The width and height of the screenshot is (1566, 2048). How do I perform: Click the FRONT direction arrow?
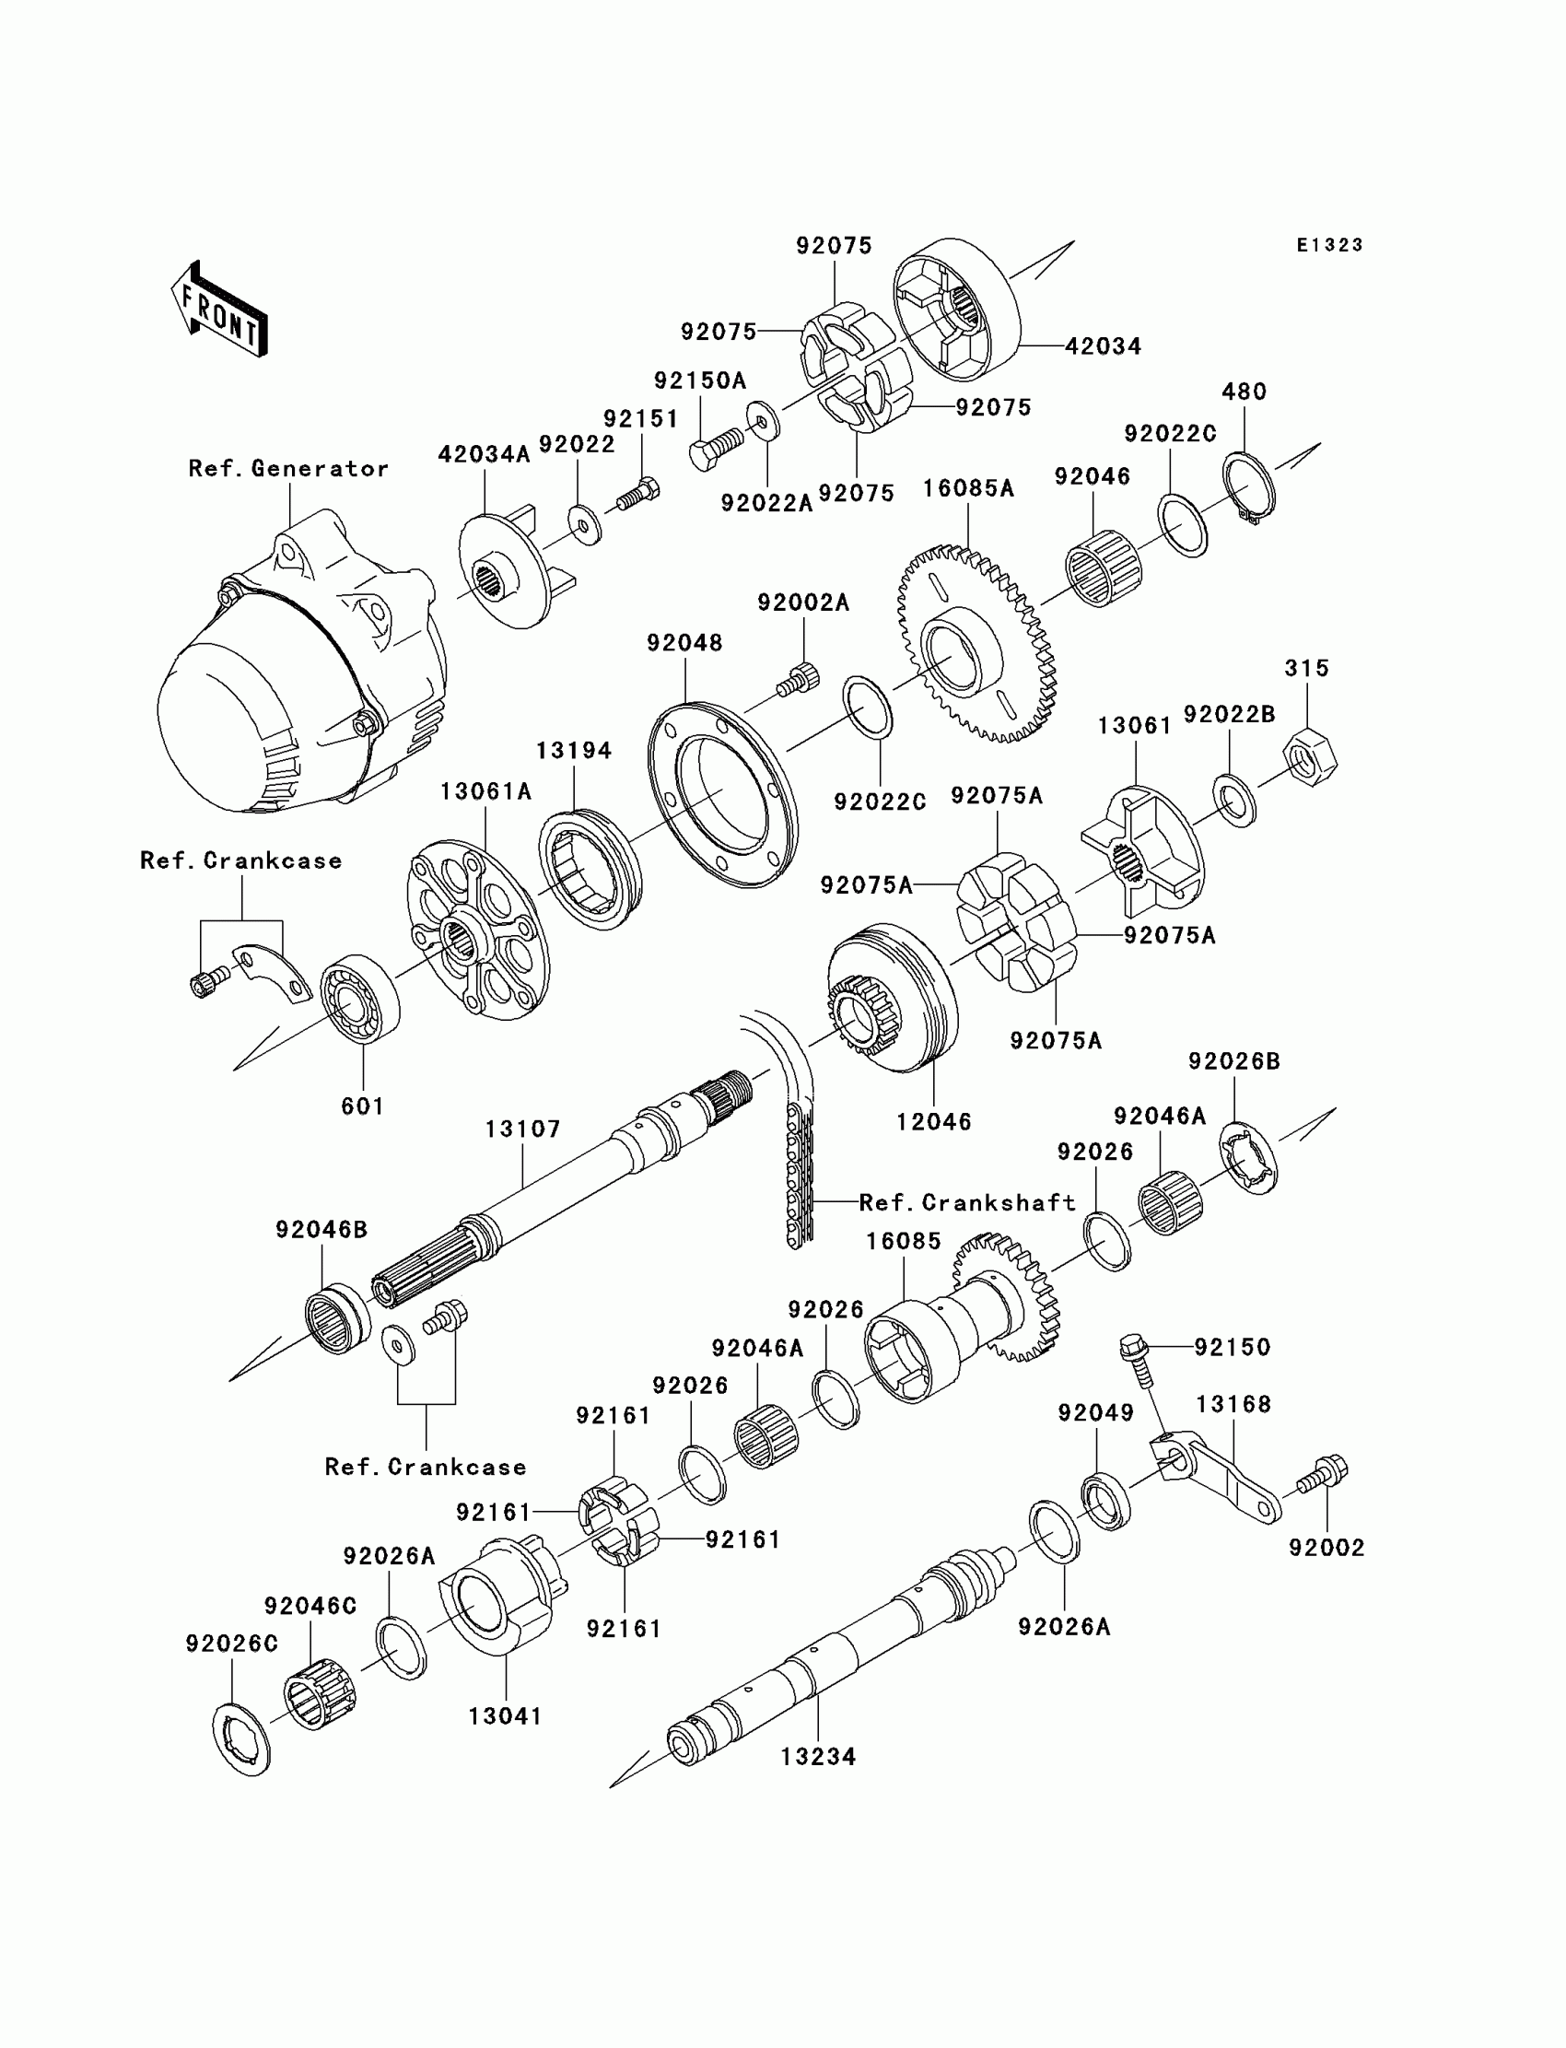(219, 310)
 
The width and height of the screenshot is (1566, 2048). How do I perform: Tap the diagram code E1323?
(1329, 245)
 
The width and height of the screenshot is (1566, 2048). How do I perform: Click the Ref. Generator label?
(288, 468)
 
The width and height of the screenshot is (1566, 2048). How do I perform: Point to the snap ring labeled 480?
(1248, 487)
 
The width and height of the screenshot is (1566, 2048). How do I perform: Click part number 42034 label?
(1103, 345)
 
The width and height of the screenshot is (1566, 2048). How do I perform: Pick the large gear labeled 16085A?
(976, 643)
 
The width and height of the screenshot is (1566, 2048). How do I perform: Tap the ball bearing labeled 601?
(360, 999)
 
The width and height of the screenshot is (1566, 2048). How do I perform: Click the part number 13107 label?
(522, 1129)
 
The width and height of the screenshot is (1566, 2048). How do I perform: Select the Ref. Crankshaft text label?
(966, 1202)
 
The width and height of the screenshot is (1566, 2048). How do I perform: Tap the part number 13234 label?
(817, 1756)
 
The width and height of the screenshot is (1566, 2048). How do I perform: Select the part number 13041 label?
(504, 1715)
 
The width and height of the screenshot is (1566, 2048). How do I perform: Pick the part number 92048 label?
(684, 642)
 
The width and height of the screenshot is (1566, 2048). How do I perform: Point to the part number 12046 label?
(933, 1121)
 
